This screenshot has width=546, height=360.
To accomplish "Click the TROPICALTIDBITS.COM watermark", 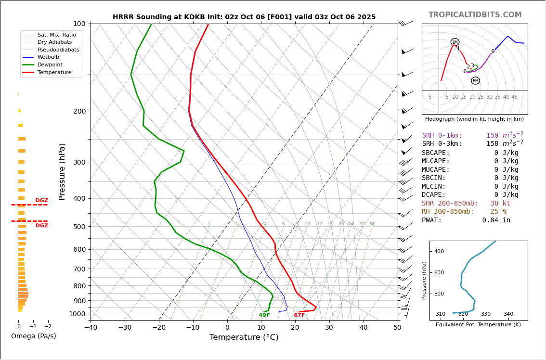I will coord(475,15).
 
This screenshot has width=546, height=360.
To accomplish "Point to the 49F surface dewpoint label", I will coord(264,315).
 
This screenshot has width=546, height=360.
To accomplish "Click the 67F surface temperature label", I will coord(299,315).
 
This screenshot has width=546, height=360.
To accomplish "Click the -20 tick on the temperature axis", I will coord(159,328).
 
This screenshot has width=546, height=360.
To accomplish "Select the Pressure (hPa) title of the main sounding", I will coord(62,171).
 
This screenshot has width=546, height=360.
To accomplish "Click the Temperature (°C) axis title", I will coord(244,337).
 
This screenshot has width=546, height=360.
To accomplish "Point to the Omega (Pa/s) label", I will coord(33,336).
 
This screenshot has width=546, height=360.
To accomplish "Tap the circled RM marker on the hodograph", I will coord(475,80).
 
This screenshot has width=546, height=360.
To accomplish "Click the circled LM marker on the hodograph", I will coord(455,42).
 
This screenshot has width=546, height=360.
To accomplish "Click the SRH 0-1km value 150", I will coord(492,136).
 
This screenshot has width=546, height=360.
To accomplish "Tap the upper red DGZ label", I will coord(42,201).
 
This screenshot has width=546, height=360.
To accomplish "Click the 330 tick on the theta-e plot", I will coord(485,314).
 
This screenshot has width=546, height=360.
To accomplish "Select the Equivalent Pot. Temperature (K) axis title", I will coord(478,325).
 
